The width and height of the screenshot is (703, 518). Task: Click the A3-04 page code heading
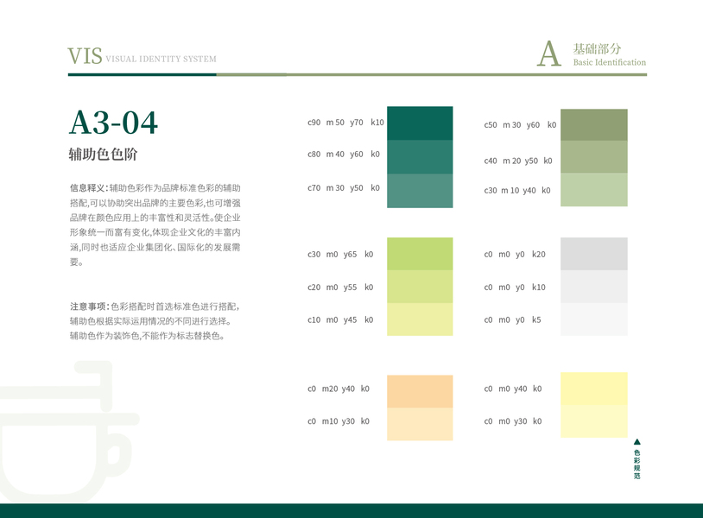click(113, 123)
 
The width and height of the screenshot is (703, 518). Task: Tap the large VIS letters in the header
click(85, 56)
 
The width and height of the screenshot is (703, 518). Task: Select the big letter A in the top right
click(549, 54)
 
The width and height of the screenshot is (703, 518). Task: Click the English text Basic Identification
click(610, 62)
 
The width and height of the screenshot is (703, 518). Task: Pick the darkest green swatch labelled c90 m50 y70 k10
click(420, 123)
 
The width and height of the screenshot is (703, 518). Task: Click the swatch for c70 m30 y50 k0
click(420, 191)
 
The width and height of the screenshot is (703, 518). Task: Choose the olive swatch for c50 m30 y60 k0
click(594, 125)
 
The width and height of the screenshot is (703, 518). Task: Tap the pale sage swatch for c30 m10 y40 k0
click(594, 190)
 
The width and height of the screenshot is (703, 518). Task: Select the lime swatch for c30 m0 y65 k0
click(420, 254)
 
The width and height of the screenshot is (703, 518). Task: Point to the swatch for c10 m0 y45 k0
click(420, 319)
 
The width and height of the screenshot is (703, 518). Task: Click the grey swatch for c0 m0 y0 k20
click(594, 254)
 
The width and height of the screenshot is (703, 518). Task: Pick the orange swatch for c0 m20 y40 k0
click(420, 392)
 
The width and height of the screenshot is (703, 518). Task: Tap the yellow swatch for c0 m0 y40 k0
click(594, 389)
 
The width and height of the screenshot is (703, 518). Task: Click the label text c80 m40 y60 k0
click(344, 155)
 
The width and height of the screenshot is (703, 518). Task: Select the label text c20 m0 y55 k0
click(340, 287)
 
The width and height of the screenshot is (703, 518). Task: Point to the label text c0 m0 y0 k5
click(512, 320)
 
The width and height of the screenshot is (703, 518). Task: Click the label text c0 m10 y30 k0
click(339, 421)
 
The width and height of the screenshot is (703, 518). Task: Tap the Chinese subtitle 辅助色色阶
click(103, 155)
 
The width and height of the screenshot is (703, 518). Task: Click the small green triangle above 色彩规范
click(637, 442)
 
